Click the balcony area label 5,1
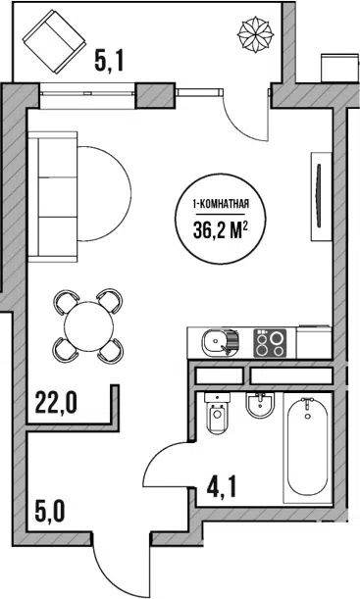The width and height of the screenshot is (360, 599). click(x=109, y=62)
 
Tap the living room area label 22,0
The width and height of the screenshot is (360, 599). click(x=56, y=403)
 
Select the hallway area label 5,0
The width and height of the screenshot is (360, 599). click(x=50, y=513)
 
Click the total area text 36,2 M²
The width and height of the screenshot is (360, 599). click(x=219, y=230)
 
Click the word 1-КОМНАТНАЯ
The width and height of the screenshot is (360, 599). click(x=221, y=204)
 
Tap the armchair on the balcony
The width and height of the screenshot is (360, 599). click(x=54, y=41)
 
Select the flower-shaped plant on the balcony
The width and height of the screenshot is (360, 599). click(x=255, y=34)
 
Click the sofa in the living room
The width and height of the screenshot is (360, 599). click(x=53, y=197)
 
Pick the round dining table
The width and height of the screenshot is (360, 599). click(x=88, y=325)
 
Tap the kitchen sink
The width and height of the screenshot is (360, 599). click(x=220, y=343)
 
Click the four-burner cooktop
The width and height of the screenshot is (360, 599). click(x=270, y=343)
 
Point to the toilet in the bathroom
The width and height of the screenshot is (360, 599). click(x=218, y=413)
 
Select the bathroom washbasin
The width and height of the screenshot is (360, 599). click(x=261, y=406)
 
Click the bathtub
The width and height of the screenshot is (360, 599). click(x=308, y=447)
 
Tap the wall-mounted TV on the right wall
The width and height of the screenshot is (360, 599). click(x=321, y=196)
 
